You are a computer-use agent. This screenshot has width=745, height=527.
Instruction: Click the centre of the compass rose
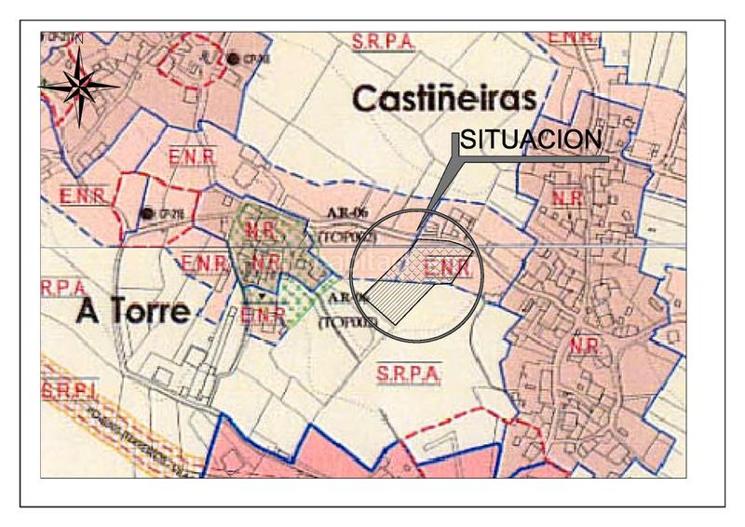(80, 86)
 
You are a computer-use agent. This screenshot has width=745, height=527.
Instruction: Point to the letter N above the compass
(80, 39)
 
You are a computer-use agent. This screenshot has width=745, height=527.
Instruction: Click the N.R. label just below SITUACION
(567, 197)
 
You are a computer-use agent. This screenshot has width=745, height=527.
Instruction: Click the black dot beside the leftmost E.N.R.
(146, 213)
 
